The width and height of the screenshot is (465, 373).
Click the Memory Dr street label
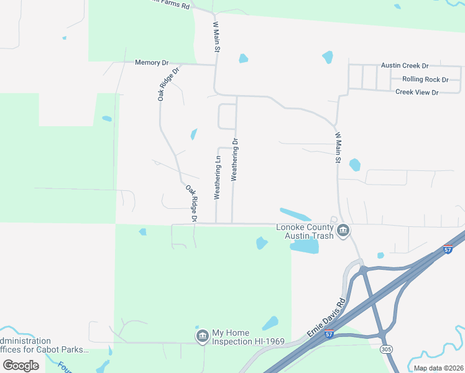[152, 63]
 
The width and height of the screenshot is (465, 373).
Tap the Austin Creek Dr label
[405, 65]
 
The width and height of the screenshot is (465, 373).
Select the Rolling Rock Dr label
[425, 79]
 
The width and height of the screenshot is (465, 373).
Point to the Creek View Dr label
[417, 92]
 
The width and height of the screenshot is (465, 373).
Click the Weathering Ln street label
[218, 177]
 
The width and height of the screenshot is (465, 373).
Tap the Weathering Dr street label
[235, 160]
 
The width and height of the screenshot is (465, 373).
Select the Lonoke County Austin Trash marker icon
[343, 232]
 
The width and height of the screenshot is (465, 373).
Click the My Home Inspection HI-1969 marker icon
[202, 337]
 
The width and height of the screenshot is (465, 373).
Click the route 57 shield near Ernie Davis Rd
[329, 334]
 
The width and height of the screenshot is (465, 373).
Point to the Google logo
[21, 366]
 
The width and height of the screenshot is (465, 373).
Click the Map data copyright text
[438, 368]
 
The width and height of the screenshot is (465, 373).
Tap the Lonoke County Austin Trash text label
[305, 231]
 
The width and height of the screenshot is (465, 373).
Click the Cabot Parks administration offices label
[44, 346]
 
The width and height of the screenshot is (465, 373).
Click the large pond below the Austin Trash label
[304, 247]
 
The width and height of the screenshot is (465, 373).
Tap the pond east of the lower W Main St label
[354, 165]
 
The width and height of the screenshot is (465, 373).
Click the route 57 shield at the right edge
[448, 249]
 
